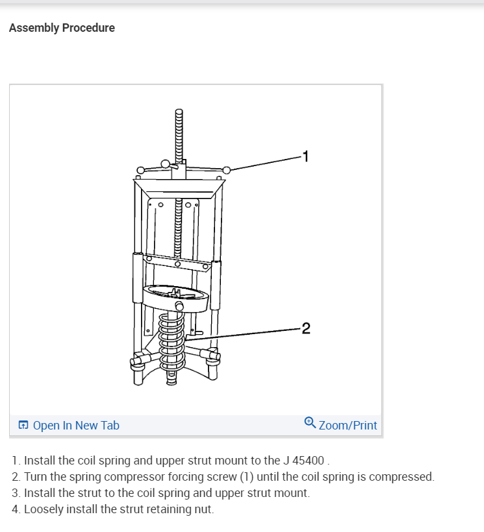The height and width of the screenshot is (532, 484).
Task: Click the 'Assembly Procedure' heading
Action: click(x=62, y=28)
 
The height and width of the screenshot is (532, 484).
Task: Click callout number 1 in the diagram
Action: click(x=306, y=156)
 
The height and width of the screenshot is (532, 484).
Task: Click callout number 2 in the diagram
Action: click(x=306, y=328)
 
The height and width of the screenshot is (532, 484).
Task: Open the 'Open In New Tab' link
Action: click(x=76, y=426)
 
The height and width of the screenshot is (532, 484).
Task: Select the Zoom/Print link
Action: click(x=348, y=426)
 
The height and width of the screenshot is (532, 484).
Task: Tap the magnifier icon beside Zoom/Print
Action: click(x=310, y=424)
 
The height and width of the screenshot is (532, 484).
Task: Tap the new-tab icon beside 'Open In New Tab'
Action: click(x=23, y=426)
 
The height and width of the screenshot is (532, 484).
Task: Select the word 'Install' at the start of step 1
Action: click(x=40, y=461)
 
